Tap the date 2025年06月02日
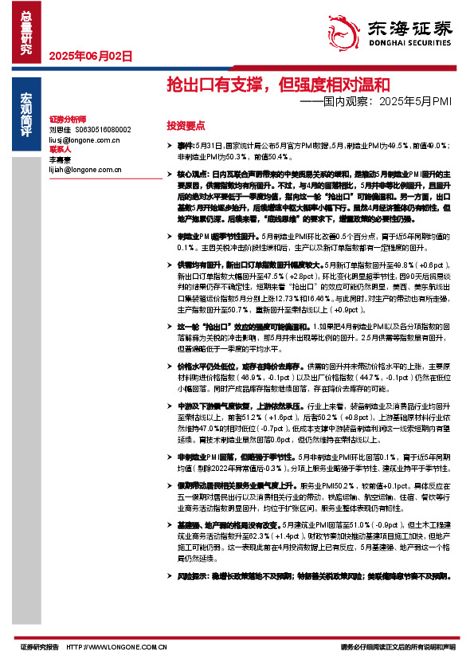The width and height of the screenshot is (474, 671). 90,56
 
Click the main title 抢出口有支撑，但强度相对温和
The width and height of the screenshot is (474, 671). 277,84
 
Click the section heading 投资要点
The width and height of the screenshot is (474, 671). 186,126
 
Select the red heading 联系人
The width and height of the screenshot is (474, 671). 60,149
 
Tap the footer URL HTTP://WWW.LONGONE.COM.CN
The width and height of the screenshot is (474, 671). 117,647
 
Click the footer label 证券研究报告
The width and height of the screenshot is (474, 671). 40,647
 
